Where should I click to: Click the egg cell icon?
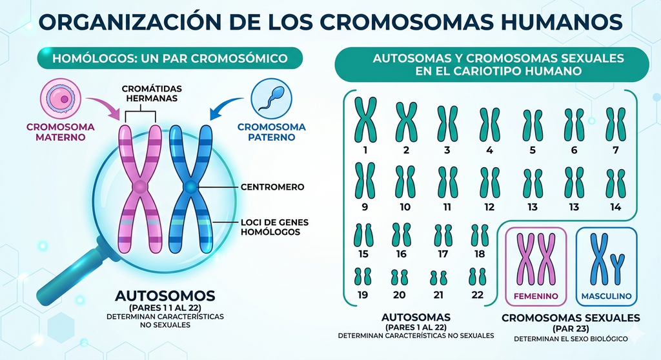tap(60, 99)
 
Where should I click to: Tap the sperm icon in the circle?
tap(271, 99)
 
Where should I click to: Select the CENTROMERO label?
tap(272, 186)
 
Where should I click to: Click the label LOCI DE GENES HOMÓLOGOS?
tap(274, 227)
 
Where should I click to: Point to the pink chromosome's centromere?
tap(140, 186)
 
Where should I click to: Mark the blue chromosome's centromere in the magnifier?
tap(190, 186)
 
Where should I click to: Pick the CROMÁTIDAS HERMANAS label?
tap(152, 94)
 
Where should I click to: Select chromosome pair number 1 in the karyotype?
tap(365, 120)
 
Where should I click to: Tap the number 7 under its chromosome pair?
tap(615, 150)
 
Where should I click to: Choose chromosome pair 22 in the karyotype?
tap(477, 277)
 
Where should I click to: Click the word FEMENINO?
tap(536, 296)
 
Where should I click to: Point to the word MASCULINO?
tap(606, 296)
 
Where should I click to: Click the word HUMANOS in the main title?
tap(561, 22)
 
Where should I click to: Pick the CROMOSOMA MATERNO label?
tap(60, 132)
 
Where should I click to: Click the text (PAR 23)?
tap(571, 328)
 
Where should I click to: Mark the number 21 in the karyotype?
tap(438, 295)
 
